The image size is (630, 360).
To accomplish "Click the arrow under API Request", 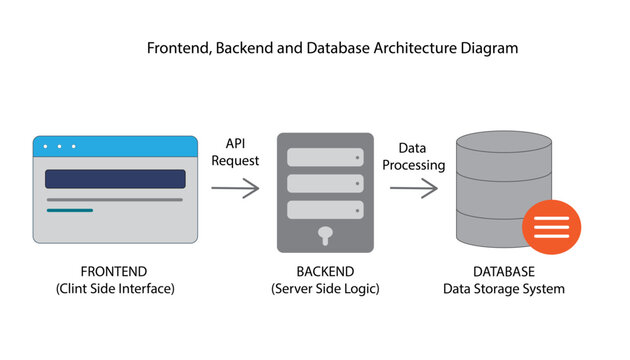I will pos(236,187).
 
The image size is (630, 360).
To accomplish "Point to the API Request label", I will pos(235,151).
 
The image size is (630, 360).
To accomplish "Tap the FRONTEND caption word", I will pos(114,272).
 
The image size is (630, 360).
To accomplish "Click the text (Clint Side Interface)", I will pos(115,289).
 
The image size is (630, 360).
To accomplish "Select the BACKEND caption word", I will pos(325,272).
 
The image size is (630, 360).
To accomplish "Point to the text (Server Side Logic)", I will pos(325,289).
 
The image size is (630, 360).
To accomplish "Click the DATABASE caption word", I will pos(503,272).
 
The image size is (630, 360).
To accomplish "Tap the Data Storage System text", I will pos(503,289).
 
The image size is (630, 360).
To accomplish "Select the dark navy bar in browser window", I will pos(115,179).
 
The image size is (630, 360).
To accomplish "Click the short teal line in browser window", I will pos(69,210).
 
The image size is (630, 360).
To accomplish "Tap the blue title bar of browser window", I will pos(115,147).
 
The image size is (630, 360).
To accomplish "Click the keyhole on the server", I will pos(325,235).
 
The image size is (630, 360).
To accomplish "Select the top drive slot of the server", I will pos(325,158).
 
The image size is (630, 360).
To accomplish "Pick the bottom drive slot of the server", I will pos(325,210).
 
